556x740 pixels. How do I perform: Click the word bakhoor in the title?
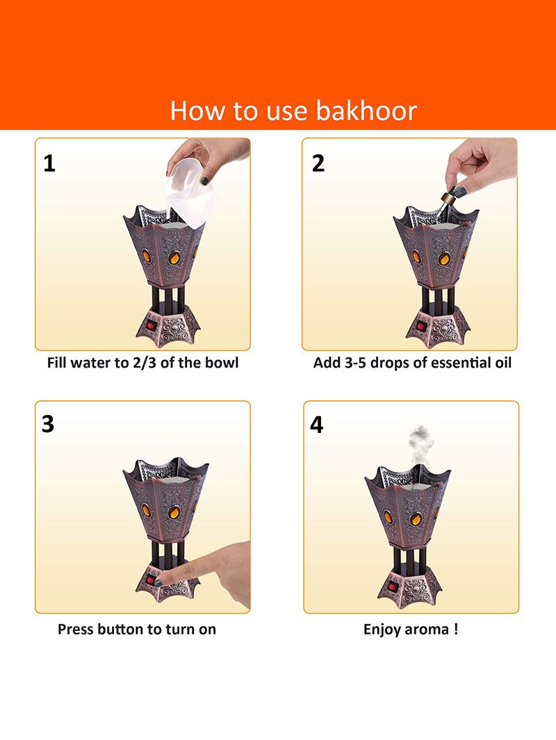[366, 110]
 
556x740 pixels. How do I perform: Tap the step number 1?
[49, 164]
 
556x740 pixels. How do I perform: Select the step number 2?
[318, 163]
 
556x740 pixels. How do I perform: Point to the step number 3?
[48, 424]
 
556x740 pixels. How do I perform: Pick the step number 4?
[317, 425]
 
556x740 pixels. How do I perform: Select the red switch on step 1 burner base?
[152, 326]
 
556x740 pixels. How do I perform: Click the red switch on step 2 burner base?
[421, 326]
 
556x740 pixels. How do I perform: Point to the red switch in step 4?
[392, 587]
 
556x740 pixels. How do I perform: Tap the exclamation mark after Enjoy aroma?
[455, 629]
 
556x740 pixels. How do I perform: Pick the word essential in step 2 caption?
[458, 363]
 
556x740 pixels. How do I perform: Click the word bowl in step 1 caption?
[223, 363]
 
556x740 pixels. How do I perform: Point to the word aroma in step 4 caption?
[425, 630]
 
